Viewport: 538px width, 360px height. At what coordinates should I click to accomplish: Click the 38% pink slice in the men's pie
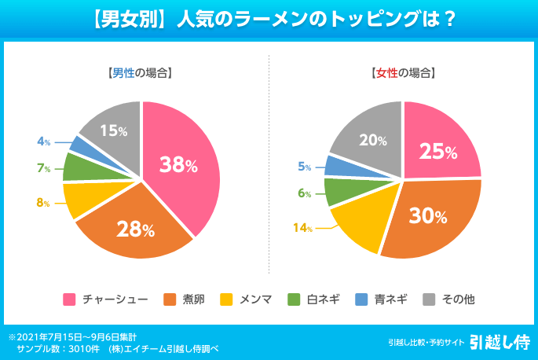(179, 164)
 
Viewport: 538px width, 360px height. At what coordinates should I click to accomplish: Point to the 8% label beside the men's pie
(43, 203)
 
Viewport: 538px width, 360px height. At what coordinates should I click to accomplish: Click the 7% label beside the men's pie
(43, 168)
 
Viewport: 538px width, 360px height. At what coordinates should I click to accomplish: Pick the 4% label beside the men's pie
(44, 141)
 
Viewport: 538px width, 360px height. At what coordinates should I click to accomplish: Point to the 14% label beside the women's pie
(303, 229)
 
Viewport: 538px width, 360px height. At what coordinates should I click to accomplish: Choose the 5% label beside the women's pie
(305, 167)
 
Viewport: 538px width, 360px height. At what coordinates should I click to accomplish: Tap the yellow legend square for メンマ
(226, 299)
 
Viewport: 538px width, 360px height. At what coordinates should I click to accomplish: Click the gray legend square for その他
(430, 299)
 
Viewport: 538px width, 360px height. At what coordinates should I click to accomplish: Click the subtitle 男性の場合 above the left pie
(140, 73)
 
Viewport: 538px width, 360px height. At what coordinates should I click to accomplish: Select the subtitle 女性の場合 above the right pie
(402, 73)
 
